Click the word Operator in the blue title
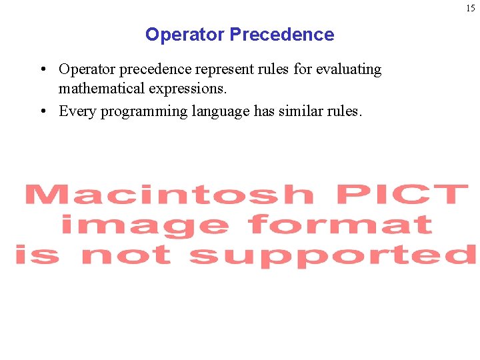coord(185,35)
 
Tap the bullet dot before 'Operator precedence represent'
coord(42,69)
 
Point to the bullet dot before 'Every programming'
coord(42,111)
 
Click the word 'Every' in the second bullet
coord(77,111)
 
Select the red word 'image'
coord(144,225)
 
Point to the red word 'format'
coord(340,224)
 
